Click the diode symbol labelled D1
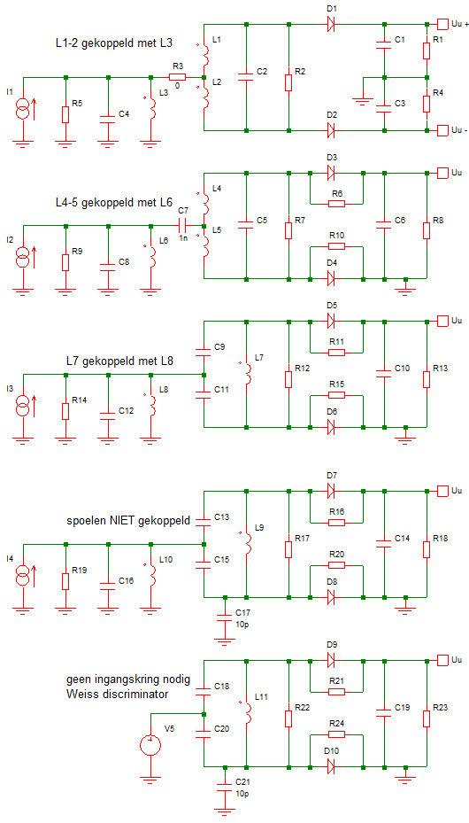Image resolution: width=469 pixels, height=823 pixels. coord(333,24)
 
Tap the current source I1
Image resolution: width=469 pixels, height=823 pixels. coord(23,109)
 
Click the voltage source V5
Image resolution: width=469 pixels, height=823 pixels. coord(150,743)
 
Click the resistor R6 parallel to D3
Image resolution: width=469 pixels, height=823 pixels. coord(335,203)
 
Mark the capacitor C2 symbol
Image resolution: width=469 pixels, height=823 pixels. coord(246,78)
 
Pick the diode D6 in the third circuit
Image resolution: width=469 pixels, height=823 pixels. coord(333,426)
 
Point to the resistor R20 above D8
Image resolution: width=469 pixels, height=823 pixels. coord(335,564)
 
